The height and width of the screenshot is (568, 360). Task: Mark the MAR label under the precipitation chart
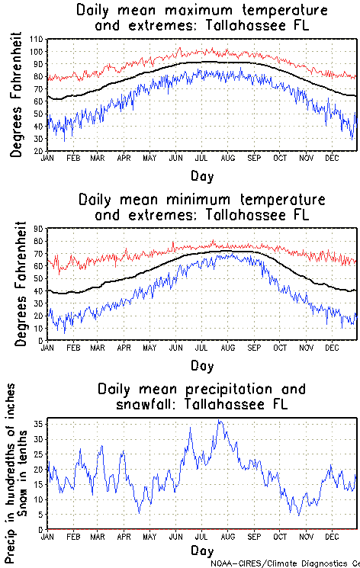(98, 536)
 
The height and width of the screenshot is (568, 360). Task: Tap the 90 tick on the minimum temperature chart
(37, 229)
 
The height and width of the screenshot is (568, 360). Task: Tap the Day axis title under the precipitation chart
(202, 550)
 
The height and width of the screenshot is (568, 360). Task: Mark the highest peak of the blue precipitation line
(220, 420)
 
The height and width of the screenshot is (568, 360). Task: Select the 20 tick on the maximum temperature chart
(37, 151)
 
